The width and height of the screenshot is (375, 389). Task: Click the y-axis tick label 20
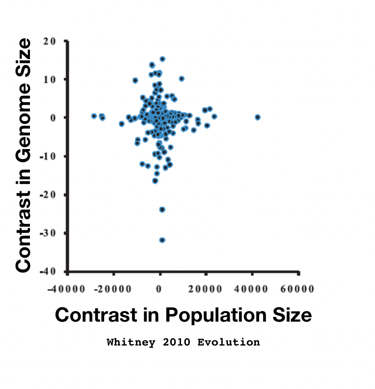click(51, 41)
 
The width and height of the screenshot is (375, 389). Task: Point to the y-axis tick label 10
click(51, 79)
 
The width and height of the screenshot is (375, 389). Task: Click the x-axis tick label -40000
click(67, 288)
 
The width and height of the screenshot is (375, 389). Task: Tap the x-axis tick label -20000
click(113, 288)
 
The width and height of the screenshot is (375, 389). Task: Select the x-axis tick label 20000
click(207, 288)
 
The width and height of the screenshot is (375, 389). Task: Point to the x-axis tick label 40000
click(253, 288)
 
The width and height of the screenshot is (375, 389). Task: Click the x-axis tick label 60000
click(299, 288)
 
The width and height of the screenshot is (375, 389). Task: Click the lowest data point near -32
click(162, 240)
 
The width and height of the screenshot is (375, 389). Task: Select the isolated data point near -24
click(162, 209)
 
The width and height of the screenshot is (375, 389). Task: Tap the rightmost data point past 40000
click(258, 117)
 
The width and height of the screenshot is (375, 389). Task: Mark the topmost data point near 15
click(162, 59)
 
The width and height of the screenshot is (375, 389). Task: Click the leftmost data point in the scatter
click(94, 116)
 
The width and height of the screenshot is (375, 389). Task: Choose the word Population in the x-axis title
click(212, 316)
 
